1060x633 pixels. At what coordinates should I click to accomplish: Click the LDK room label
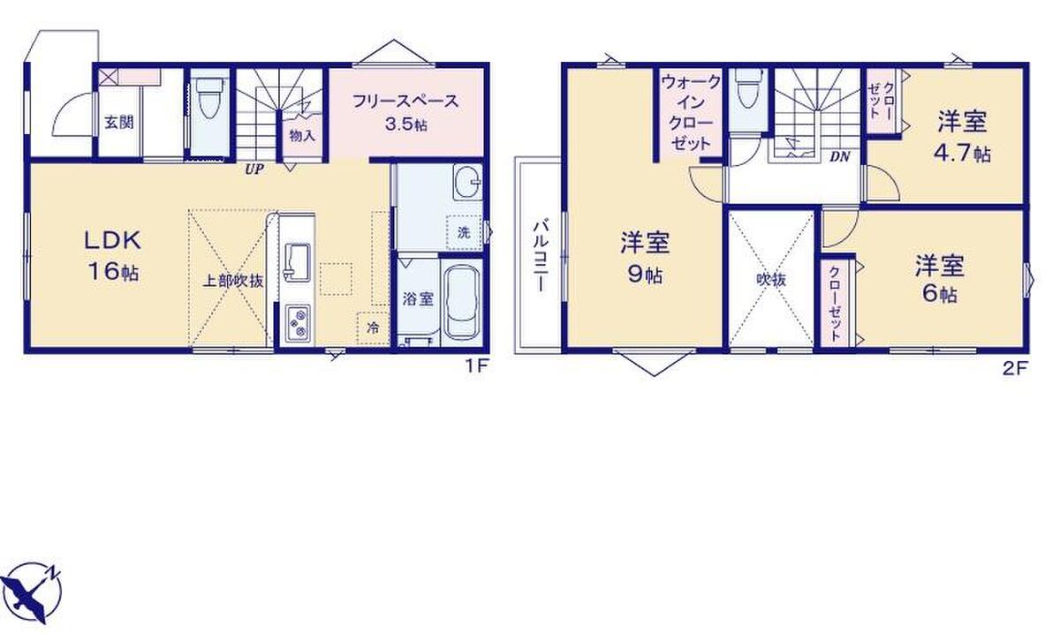(x=113, y=240)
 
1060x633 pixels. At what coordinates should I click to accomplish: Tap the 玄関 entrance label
(x=119, y=123)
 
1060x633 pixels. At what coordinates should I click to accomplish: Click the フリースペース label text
(x=406, y=102)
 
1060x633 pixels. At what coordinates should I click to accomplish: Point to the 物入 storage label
(x=302, y=136)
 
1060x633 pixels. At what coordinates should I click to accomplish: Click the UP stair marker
(x=254, y=170)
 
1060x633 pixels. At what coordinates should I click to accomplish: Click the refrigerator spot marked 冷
(x=374, y=328)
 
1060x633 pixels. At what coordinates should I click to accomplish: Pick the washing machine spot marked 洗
(x=464, y=232)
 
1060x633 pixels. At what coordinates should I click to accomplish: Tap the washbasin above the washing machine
(x=467, y=182)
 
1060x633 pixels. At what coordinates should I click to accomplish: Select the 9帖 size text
(x=645, y=275)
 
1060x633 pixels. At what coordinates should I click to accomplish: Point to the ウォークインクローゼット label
(x=691, y=113)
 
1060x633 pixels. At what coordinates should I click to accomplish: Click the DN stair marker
(x=839, y=156)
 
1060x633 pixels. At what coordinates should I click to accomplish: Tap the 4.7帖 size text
(x=962, y=153)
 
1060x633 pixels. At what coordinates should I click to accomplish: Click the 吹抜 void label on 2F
(x=771, y=280)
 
